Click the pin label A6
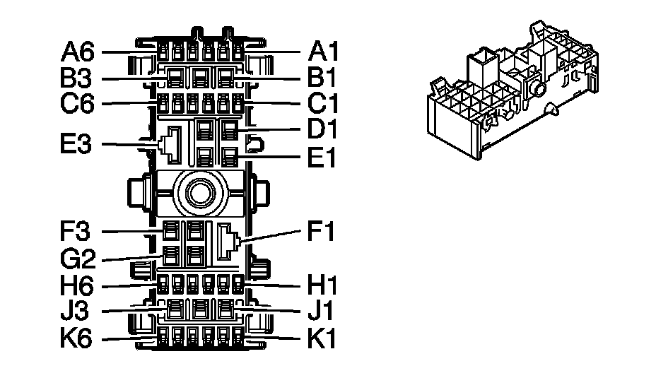pyautogui.click(x=79, y=52)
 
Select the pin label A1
pyautogui.click(x=324, y=52)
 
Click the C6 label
pyautogui.click(x=79, y=104)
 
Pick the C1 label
pyautogui.click(x=324, y=104)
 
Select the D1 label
pyautogui.click(x=324, y=130)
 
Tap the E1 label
pyautogui.click(x=324, y=157)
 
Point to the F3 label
pyautogui.click(x=79, y=232)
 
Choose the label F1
pyautogui.click(x=324, y=232)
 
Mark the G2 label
pyautogui.click(x=79, y=259)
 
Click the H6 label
pyautogui.click(x=79, y=286)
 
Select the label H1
pyautogui.click(x=324, y=286)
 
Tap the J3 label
pyautogui.click(x=79, y=312)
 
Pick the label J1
pyautogui.click(x=324, y=312)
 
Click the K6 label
pyautogui.click(x=79, y=339)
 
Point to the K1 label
pyautogui.click(x=324, y=339)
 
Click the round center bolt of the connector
pyautogui.click(x=198, y=191)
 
